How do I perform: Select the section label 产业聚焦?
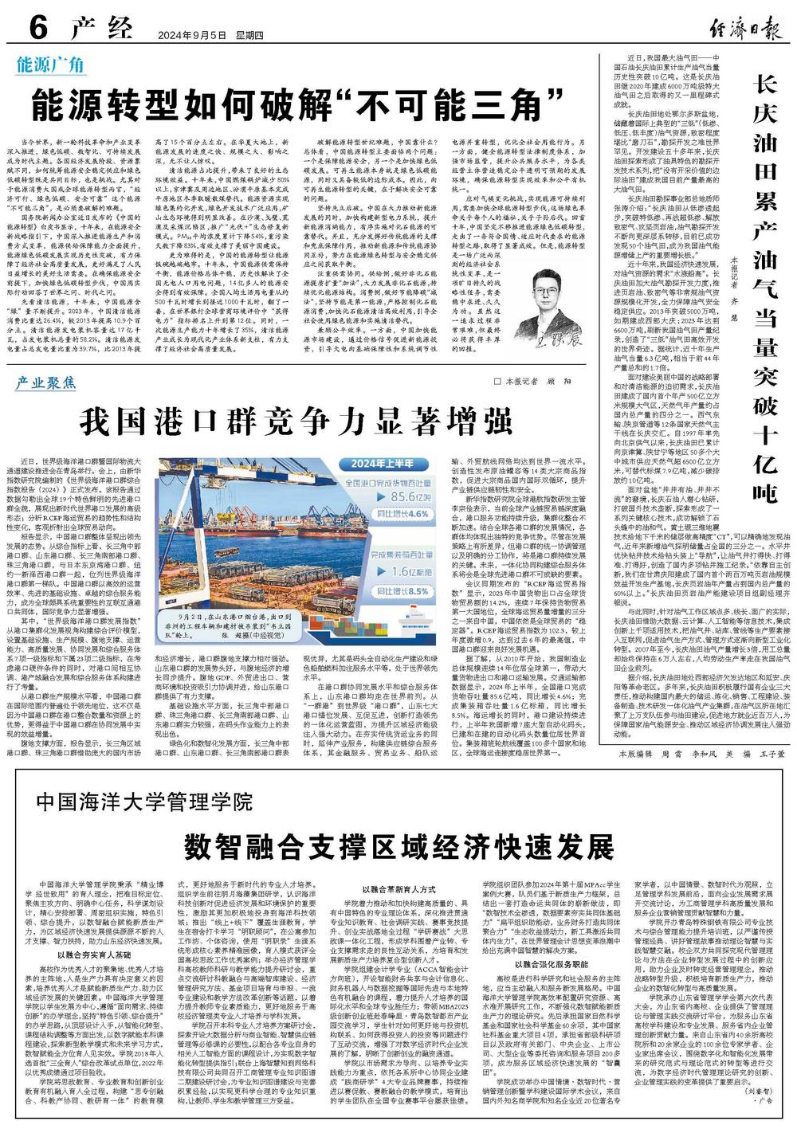[46, 383]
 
